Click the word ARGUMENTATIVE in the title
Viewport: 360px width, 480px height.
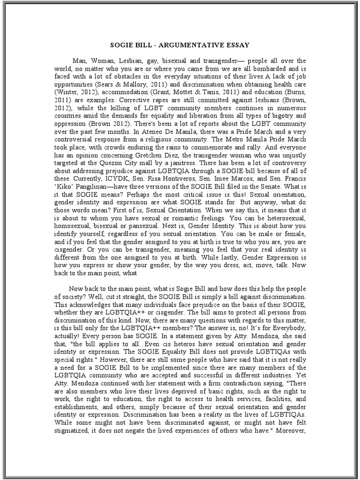click(193, 45)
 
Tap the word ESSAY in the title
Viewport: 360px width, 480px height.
click(239, 45)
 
